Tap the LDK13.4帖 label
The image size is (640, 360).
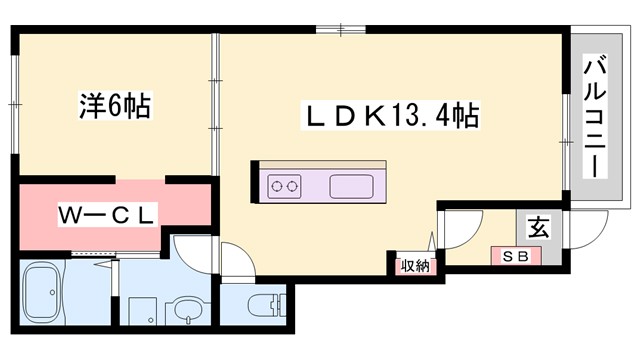(389, 117)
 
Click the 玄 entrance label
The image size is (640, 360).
(538, 227)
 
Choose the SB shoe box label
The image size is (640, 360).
(515, 257)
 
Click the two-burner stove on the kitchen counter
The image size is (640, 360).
(284, 185)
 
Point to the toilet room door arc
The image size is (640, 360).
(236, 263)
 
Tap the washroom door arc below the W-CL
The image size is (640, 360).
(190, 249)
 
